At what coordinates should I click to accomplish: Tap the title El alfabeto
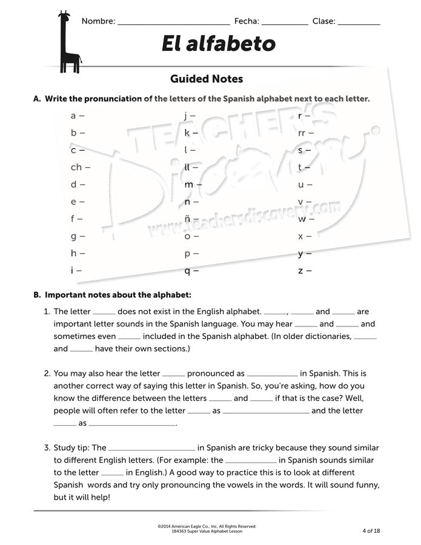coord(219,44)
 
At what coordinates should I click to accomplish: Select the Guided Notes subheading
coord(207,79)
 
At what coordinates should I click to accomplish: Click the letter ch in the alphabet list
coord(76,167)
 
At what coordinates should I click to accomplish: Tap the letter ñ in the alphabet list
coord(188,219)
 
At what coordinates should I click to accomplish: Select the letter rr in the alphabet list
coord(302,133)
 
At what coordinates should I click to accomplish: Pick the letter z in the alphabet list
coord(300,271)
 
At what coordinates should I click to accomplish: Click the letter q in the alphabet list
coord(188,271)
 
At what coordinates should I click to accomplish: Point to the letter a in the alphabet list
coord(73,115)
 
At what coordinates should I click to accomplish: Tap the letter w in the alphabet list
coord(302,219)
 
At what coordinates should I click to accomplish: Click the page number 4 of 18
coord(371,530)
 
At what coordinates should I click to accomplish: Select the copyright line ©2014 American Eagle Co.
coord(207,526)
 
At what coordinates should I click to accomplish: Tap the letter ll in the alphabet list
coord(187,167)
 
